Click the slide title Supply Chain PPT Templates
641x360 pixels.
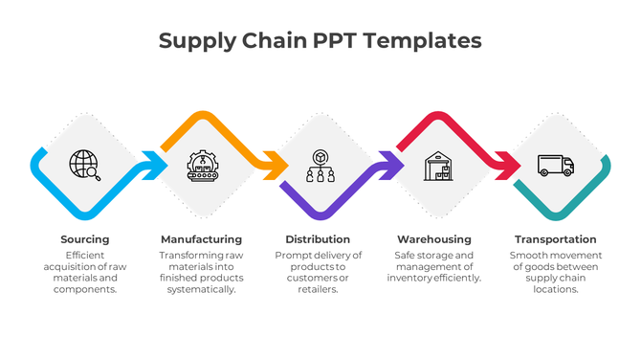point(320,40)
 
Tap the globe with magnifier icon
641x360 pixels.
point(85,166)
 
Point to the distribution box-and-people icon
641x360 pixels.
point(319,166)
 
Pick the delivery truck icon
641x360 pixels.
point(555,166)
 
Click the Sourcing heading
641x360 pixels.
point(85,239)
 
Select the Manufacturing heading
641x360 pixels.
point(201,239)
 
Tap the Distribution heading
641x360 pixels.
point(319,239)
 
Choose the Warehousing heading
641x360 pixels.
point(434,239)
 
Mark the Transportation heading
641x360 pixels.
point(555,239)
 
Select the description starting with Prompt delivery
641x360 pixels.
point(319,272)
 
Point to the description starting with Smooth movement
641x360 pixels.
point(555,272)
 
